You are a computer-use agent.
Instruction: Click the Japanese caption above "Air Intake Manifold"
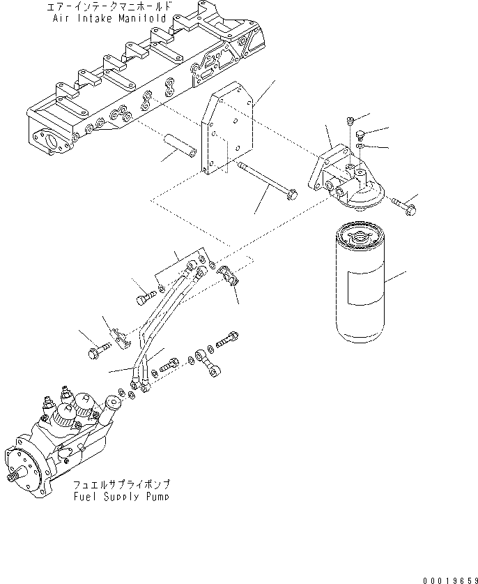coord(106,7)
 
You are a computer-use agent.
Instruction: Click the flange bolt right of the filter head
coord(403,204)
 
